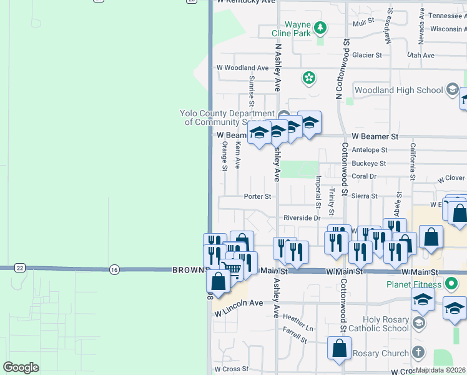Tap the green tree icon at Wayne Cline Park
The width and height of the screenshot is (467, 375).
click(320, 28)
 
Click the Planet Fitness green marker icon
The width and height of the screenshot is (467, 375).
click(454, 285)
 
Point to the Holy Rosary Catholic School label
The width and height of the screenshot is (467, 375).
click(378, 324)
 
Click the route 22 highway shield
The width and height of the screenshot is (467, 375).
click(19, 268)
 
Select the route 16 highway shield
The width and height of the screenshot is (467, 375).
click(113, 269)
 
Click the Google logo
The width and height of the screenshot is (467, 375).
click(21, 367)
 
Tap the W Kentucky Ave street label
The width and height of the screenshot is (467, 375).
click(245, 2)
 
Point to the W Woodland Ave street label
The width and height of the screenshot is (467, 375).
click(242, 67)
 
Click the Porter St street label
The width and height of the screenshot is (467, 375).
click(257, 196)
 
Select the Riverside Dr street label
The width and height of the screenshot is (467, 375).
click(302, 218)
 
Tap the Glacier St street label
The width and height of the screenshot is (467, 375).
click(367, 55)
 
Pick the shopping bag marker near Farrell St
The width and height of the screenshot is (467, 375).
click(339, 349)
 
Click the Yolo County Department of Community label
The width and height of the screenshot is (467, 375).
click(227, 117)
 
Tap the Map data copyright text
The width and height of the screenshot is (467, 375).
click(440, 369)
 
